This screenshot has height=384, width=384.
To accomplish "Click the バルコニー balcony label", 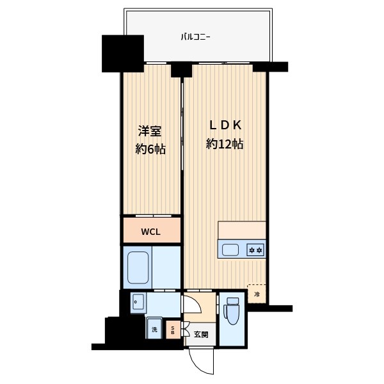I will pyautogui.click(x=196, y=36).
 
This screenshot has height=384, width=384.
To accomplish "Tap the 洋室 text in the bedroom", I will pyautogui.click(x=150, y=132).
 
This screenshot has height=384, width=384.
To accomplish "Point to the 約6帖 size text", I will pyautogui.click(x=150, y=150).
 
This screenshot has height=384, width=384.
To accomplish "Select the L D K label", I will pyautogui.click(x=223, y=125).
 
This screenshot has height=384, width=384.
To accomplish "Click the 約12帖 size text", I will pyautogui.click(x=224, y=145).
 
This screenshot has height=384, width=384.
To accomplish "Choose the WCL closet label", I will pyautogui.click(x=151, y=230).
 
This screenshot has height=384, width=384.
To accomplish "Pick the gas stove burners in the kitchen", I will pyautogui.click(x=255, y=249).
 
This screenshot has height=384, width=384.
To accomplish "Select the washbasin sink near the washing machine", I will pyautogui.click(x=138, y=303).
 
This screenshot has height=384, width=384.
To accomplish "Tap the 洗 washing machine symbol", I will pyautogui.click(x=154, y=329).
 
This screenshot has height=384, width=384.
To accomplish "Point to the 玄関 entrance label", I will pyautogui.click(x=201, y=334).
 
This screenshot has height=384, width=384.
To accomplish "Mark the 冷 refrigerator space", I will pyautogui.click(x=257, y=294).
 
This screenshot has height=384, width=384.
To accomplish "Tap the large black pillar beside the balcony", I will pyautogui.click(x=123, y=53).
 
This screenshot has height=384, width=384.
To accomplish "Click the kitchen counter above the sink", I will pyautogui.click(x=242, y=229).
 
